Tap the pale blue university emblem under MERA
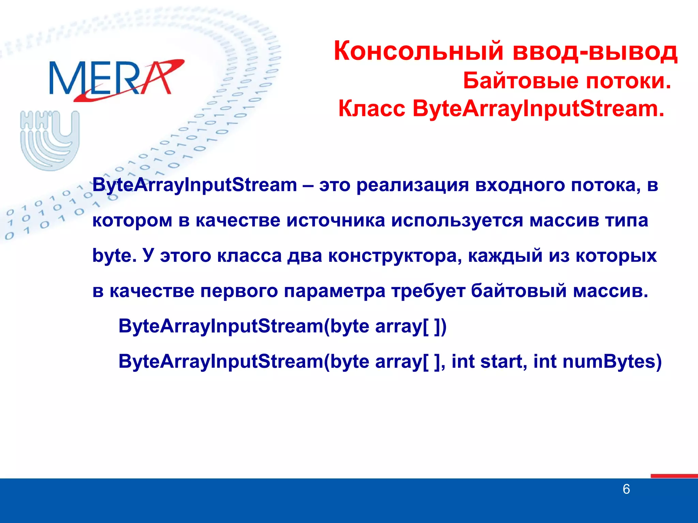click(x=50, y=140)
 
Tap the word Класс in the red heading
click(x=371, y=109)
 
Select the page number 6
click(x=626, y=489)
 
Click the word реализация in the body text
click(x=412, y=186)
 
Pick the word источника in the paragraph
click(x=335, y=221)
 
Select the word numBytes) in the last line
click(x=612, y=362)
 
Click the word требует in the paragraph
click(x=428, y=291)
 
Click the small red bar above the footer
click(x=674, y=476)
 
